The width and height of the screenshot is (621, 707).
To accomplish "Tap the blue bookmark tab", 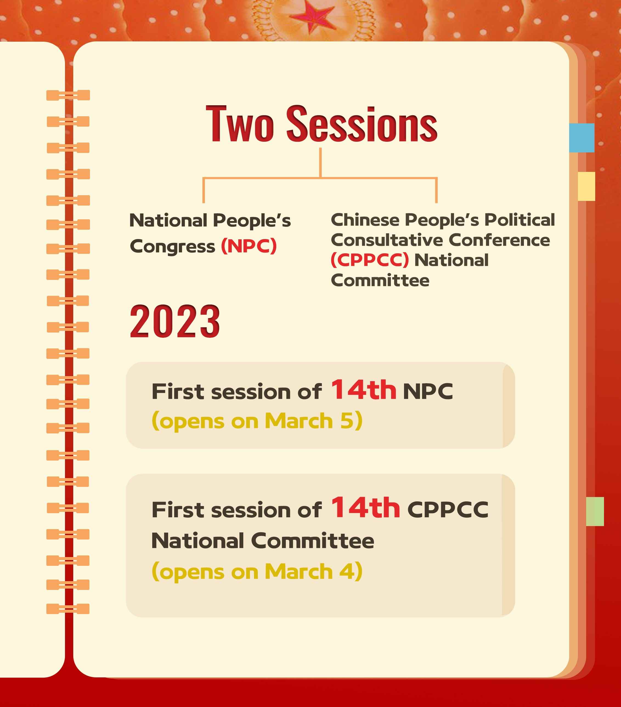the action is pos(582,138).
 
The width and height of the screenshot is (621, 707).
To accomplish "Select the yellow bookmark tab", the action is pos(586,186).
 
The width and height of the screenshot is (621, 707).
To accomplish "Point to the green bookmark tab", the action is pos(595,511).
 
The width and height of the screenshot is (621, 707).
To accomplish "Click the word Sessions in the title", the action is pos(362,124).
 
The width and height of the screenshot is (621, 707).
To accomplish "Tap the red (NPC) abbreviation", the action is pos(249,246).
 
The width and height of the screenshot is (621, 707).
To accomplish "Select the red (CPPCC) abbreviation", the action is pos(370,260).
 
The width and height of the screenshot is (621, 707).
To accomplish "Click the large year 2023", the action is pos(175,321).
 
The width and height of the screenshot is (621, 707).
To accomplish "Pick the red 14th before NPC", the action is pos(363,390).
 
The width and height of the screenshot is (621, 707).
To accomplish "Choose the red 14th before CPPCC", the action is pos(366,507).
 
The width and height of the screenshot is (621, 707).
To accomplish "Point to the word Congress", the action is pos(172,247).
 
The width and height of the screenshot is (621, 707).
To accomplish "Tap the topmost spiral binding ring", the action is pos(68,95).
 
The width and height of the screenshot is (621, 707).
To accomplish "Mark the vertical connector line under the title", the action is pos(321,163).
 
